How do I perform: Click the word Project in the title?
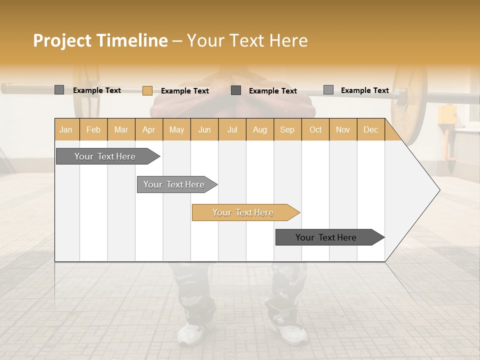[62, 40]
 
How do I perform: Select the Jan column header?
[66, 129]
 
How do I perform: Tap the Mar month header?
[121, 129]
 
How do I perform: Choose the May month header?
[176, 129]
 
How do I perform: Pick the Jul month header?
[232, 129]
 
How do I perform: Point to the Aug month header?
[259, 129]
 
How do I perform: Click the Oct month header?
[315, 129]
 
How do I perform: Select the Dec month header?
[370, 129]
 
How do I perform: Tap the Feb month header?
[93, 129]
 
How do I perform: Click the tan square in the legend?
[147, 90]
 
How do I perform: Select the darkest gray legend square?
[236, 90]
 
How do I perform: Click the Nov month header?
[342, 129]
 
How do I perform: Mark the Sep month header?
[287, 129]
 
